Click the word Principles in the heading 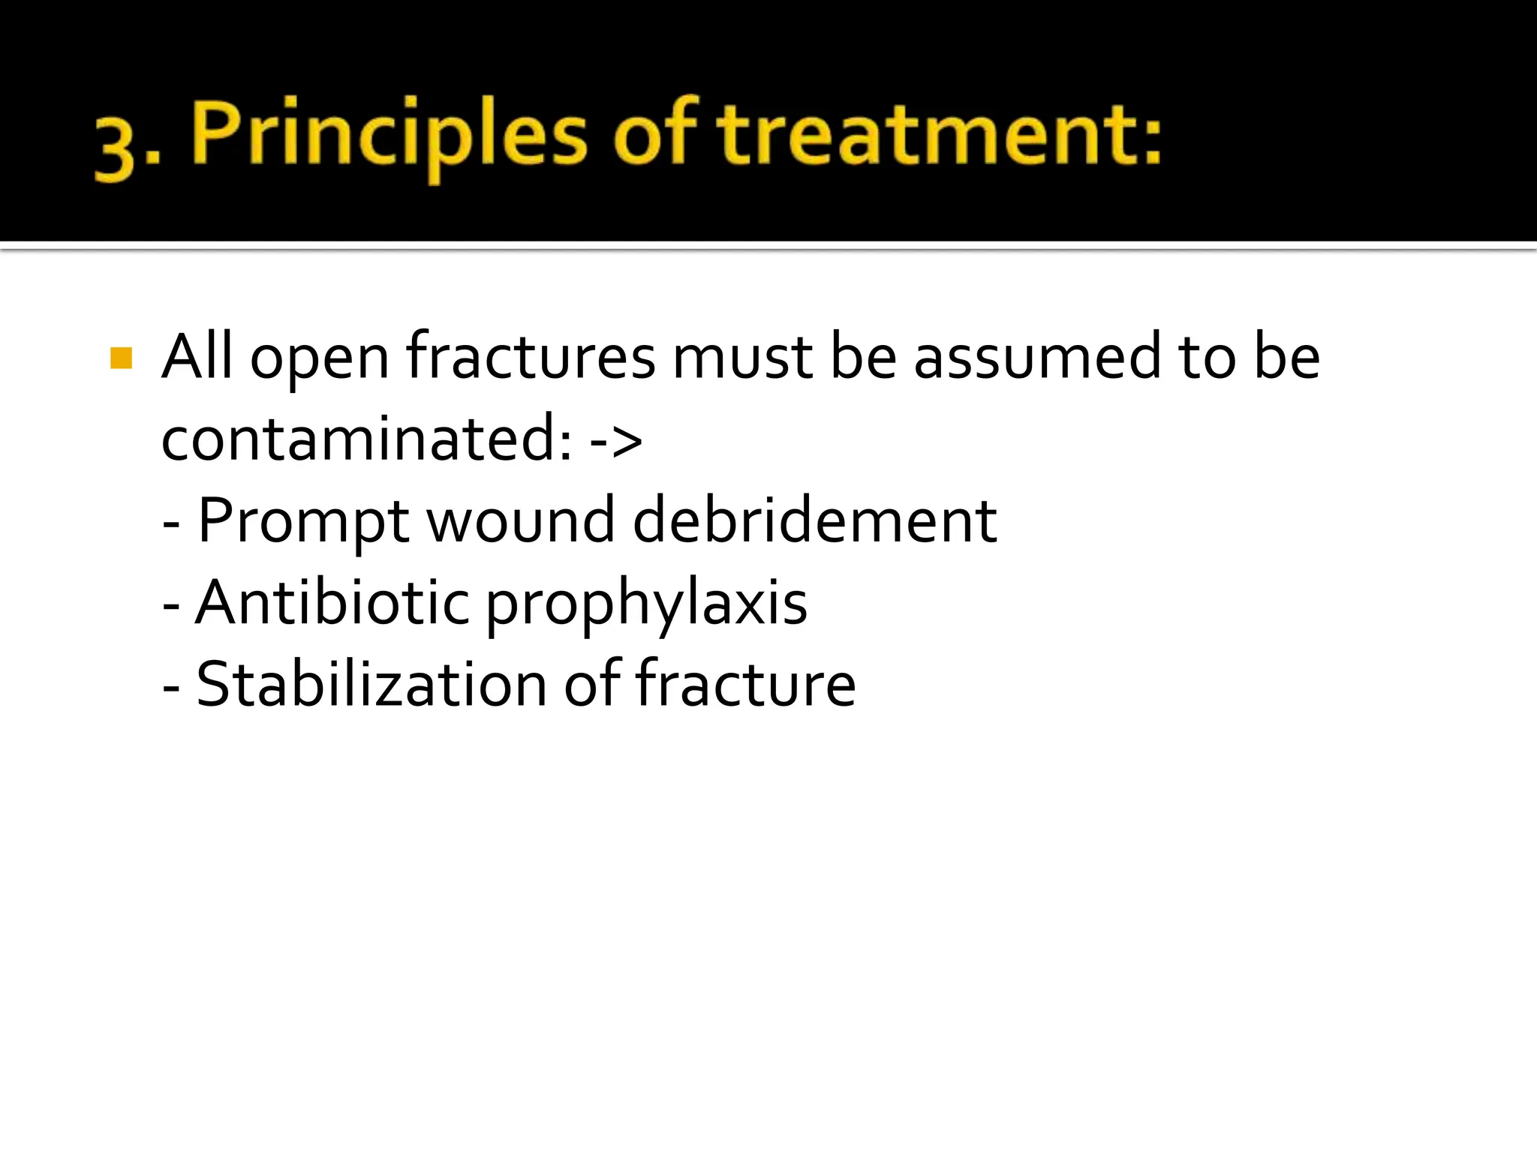tap(389, 135)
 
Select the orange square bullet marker tap(121, 358)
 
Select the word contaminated tap(367, 439)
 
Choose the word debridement tap(815, 520)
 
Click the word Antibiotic tap(332, 602)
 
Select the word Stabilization tap(371, 684)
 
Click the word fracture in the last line tap(744, 684)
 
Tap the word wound tap(521, 520)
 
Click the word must tap(742, 358)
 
